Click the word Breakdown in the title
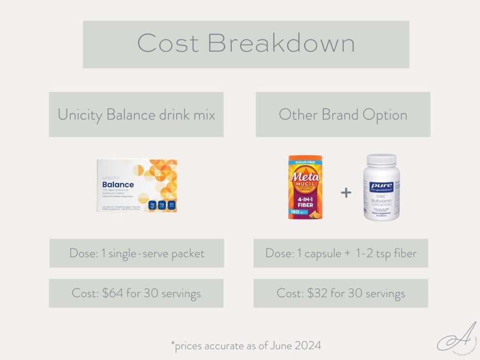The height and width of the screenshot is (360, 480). click(281, 44)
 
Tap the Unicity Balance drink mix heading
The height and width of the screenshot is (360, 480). click(136, 114)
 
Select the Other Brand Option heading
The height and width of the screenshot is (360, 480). click(343, 114)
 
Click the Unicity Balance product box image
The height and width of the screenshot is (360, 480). click(136, 186)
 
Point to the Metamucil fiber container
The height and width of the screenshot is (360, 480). click(305, 188)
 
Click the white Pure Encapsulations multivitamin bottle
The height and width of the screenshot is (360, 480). click(382, 187)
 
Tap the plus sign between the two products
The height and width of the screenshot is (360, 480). click(346, 193)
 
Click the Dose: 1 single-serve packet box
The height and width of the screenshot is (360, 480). click(136, 253)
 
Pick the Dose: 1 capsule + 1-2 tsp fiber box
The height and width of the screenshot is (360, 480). click(341, 253)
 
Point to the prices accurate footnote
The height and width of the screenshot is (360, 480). click(246, 346)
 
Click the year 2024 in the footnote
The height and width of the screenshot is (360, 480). click(307, 346)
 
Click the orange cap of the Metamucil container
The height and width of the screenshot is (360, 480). click(305, 158)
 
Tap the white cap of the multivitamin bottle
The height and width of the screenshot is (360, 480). click(382, 159)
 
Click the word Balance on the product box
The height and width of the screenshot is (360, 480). click(118, 185)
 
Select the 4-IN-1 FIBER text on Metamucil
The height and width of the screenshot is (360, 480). click(305, 205)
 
